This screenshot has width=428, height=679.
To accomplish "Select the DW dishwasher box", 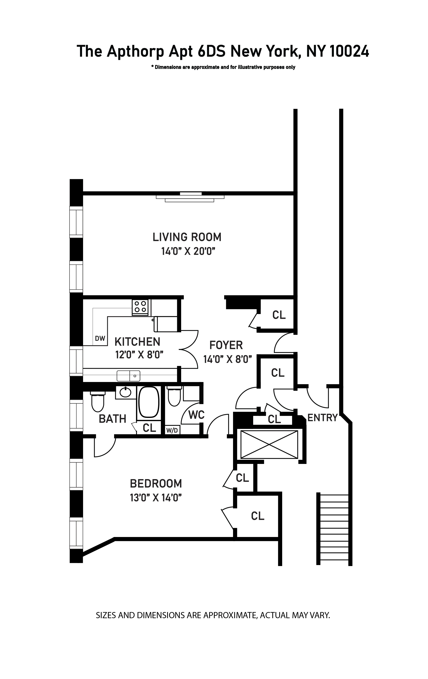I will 100,338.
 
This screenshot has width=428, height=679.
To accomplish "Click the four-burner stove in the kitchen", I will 140,307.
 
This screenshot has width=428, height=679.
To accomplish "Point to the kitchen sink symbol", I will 128,376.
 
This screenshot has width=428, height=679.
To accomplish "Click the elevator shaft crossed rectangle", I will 269,444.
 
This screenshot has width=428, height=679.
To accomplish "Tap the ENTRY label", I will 322,418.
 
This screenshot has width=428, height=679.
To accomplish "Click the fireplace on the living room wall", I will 190,197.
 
